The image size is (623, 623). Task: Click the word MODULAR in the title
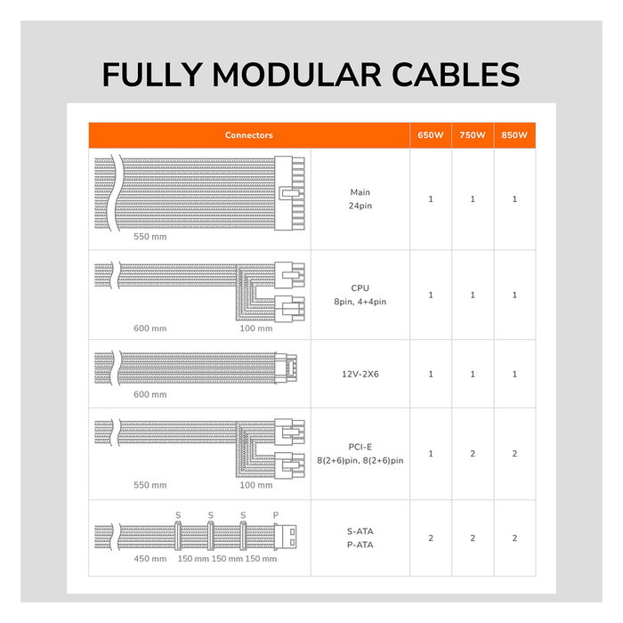pos(296,75)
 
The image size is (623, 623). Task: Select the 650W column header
pos(430,135)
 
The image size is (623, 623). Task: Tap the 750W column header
pos(473,135)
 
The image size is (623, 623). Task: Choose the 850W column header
pos(514,135)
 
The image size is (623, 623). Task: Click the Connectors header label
pos(248,135)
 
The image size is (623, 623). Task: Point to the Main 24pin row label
pos(360,199)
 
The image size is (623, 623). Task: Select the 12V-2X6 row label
pos(360,374)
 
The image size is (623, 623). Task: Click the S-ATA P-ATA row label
pos(360,538)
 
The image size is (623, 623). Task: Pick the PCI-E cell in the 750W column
pos(473,454)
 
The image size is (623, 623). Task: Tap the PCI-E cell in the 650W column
pos(431,454)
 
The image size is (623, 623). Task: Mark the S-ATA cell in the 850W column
pos(514,538)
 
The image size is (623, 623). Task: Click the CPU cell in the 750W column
pos(473,295)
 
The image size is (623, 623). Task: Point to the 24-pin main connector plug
pos(289,193)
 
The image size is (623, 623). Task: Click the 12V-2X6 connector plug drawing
pos(286,368)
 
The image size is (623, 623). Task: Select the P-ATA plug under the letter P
pos(286,538)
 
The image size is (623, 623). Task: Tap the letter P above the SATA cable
pos(276,515)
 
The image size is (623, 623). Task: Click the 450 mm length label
pos(150,559)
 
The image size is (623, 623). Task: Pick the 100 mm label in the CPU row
pos(256,328)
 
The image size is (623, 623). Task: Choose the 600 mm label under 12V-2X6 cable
pos(150,394)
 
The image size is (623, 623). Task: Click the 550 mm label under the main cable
pos(150,237)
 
